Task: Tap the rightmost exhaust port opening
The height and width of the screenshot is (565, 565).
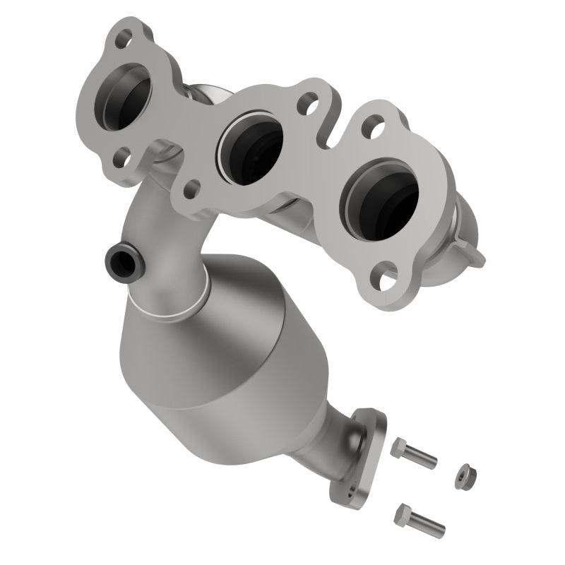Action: pos(380,201)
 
